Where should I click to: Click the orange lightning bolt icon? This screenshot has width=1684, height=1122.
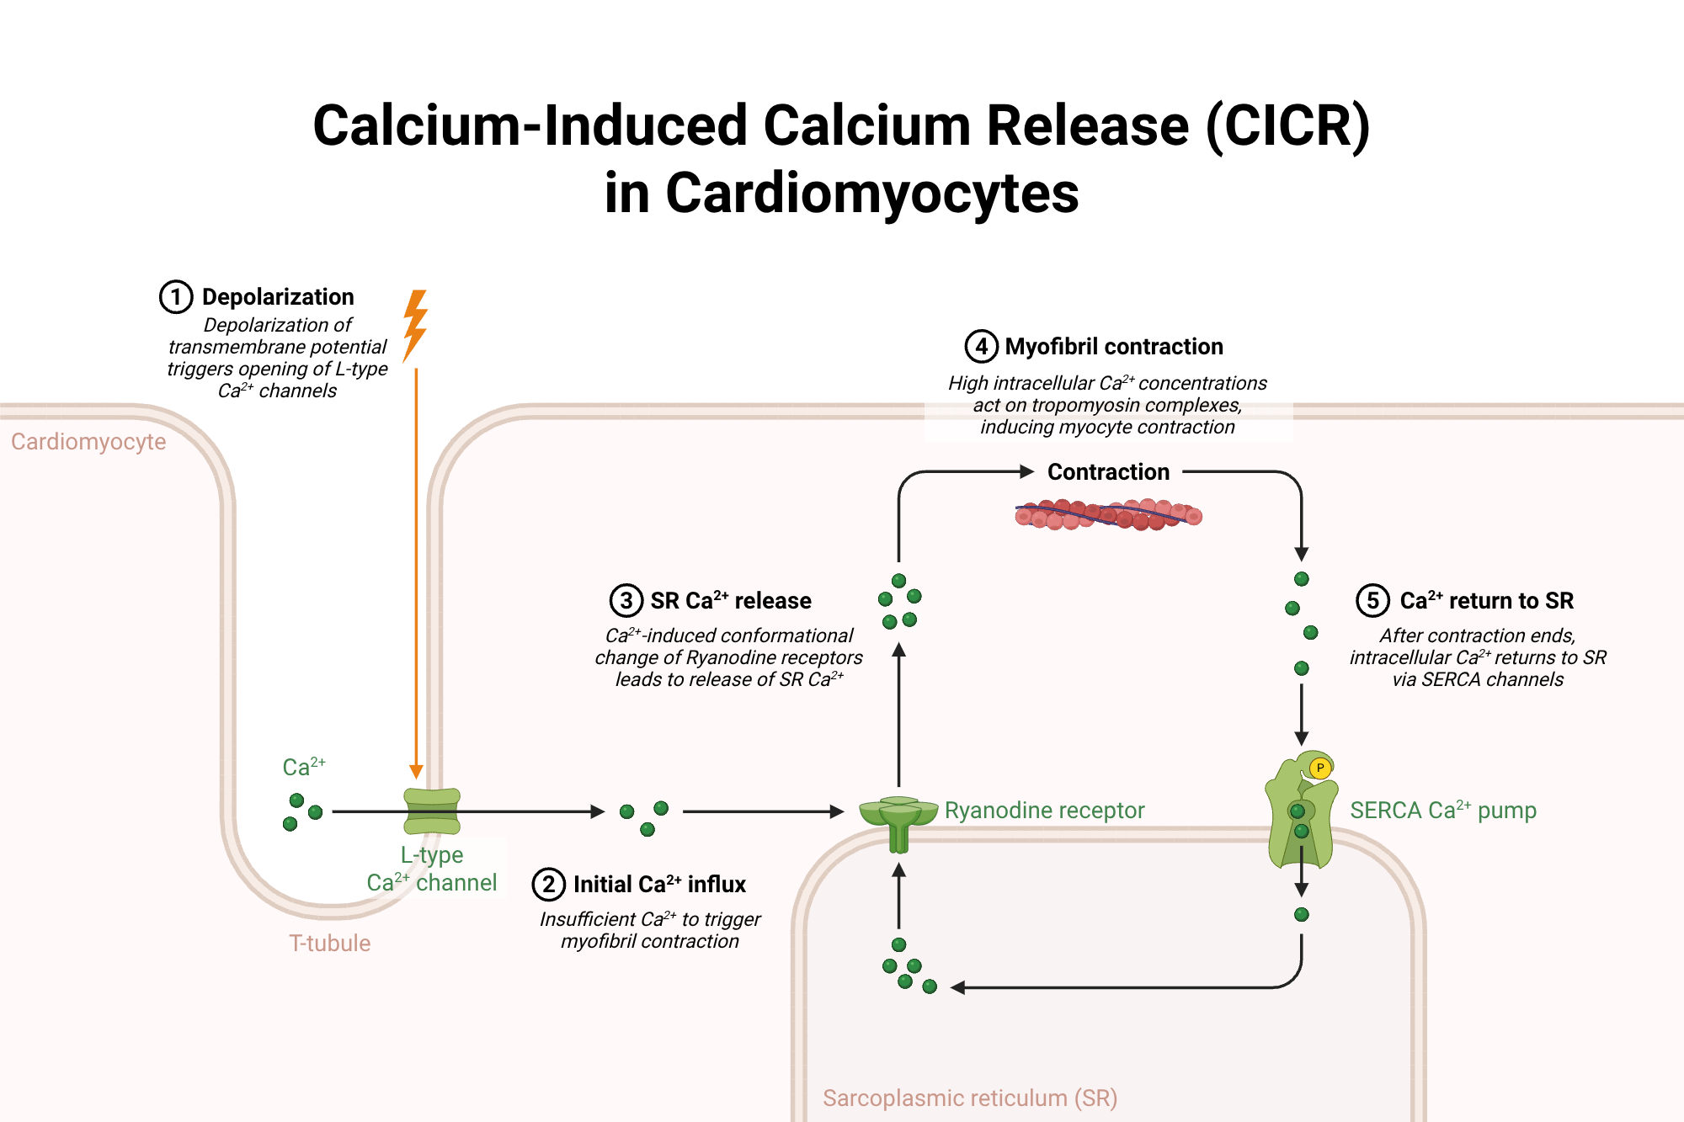coord(415,326)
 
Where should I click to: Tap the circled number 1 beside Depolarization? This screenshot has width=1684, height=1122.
coord(176,297)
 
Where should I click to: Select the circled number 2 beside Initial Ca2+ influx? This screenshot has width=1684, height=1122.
coord(548,885)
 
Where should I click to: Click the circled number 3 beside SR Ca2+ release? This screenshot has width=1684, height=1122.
coord(626,601)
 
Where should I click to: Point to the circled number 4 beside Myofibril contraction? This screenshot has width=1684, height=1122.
coord(981,347)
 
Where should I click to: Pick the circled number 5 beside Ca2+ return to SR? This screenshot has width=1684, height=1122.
coord(1372,601)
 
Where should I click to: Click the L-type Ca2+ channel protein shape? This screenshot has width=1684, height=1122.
coord(432,811)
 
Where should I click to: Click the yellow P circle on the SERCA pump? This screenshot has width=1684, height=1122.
coord(1320,768)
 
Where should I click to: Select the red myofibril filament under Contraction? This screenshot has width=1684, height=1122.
coord(1108,514)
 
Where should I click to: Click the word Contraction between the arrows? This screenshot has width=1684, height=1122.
coord(1108,472)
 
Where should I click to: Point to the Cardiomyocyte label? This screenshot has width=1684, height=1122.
coord(88,442)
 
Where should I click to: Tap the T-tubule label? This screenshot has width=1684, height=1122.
coord(329,944)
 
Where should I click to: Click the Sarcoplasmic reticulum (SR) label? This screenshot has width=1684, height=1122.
coord(969,1098)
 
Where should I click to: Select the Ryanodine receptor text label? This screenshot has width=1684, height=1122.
coord(1044,811)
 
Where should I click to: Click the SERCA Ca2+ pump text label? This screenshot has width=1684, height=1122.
coord(1443,811)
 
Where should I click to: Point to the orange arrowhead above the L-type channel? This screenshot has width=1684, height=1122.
coord(416,772)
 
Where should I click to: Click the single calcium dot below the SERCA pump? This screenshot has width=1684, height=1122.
coord(1302,915)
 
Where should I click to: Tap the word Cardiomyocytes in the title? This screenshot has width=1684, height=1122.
coord(841,194)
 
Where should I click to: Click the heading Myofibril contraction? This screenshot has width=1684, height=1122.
coord(1113,347)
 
